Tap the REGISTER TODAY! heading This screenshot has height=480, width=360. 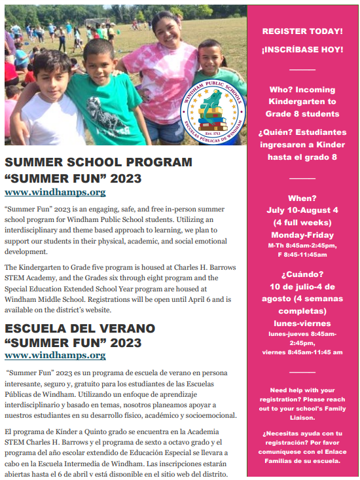coord(302,31)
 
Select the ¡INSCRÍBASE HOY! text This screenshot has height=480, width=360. coord(302,49)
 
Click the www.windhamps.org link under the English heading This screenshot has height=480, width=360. coord(55,192)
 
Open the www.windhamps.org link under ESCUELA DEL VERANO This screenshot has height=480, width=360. coord(55,355)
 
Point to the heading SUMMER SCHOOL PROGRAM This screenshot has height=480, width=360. coord(99,162)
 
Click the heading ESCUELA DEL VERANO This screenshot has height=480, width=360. coord(80,327)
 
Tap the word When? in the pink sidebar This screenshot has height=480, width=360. coord(302,198)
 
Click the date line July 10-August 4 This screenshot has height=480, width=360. coord(302,210)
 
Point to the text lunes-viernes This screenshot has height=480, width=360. coord(302,323)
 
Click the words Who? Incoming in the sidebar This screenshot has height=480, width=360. coord(302,90)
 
